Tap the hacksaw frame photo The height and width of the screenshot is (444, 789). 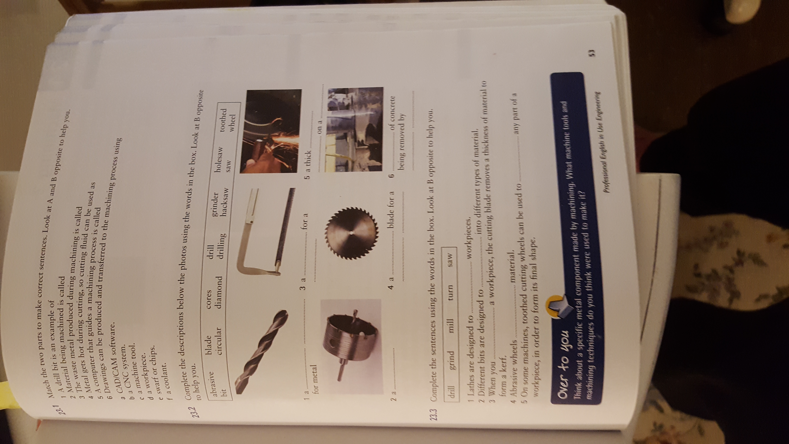tap(266, 231)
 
